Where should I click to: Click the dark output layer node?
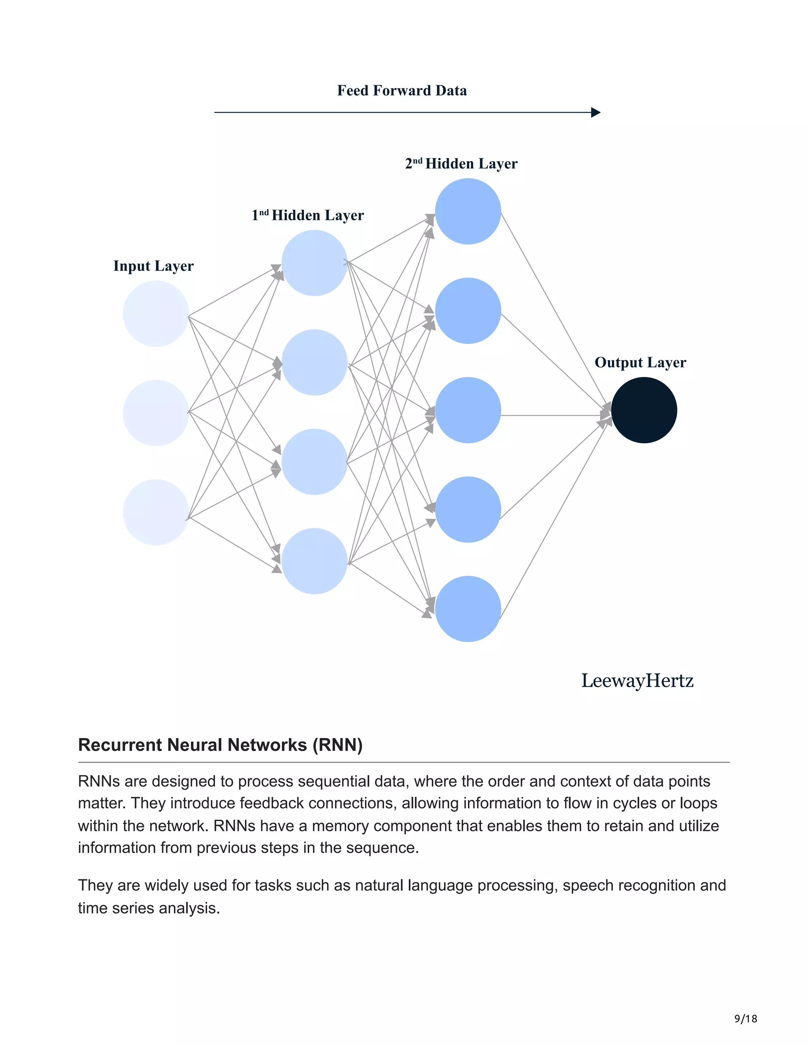tap(644, 410)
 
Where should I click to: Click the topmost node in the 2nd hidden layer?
tap(468, 211)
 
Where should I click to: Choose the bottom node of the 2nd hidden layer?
tap(468, 609)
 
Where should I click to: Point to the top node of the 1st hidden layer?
tap(314, 263)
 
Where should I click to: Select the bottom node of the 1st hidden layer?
tap(314, 561)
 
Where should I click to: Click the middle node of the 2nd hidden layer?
tap(468, 410)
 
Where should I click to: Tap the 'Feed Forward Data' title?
tap(402, 90)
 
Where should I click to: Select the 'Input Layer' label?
tap(153, 266)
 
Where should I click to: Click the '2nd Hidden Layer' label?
tap(461, 164)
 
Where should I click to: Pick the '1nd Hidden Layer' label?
tap(308, 215)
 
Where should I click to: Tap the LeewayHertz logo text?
tap(637, 680)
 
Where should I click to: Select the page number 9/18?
tap(746, 1019)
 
